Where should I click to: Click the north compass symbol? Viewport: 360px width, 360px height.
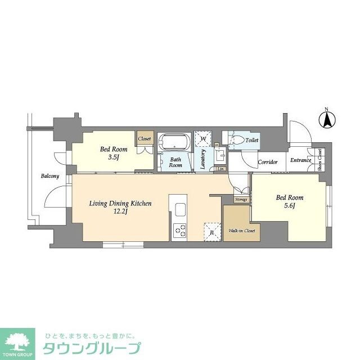coord(327,119)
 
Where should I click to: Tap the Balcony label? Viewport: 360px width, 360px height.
coord(49,176)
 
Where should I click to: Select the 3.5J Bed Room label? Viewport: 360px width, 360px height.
coord(114,153)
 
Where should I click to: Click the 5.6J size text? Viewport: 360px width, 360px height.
coord(290,206)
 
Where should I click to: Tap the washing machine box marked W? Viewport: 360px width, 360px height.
coord(202,138)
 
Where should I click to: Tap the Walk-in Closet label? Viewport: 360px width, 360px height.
coord(242,231)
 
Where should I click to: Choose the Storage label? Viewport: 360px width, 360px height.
coord(241,199)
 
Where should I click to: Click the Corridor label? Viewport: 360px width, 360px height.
coord(268,162)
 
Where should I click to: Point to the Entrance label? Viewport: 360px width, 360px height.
coord(300,160)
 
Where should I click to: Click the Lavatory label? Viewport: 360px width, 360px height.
coord(202,159)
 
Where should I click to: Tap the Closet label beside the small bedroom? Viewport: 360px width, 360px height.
coord(145,138)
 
